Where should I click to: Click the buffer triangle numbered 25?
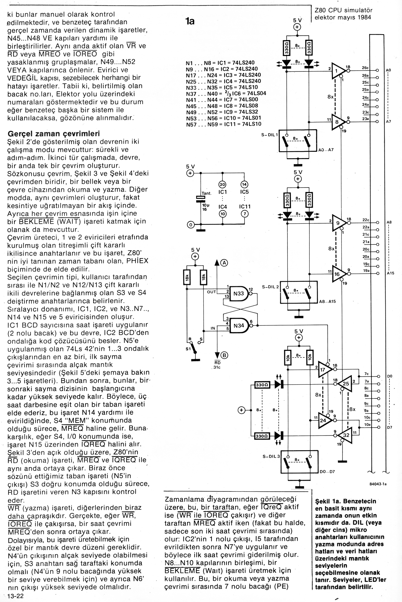click(345, 384)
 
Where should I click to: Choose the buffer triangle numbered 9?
click(338, 223)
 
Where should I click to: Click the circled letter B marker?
click(225, 355)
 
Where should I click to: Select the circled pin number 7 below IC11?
click(245, 214)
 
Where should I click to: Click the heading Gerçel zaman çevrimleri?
click(54, 134)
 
